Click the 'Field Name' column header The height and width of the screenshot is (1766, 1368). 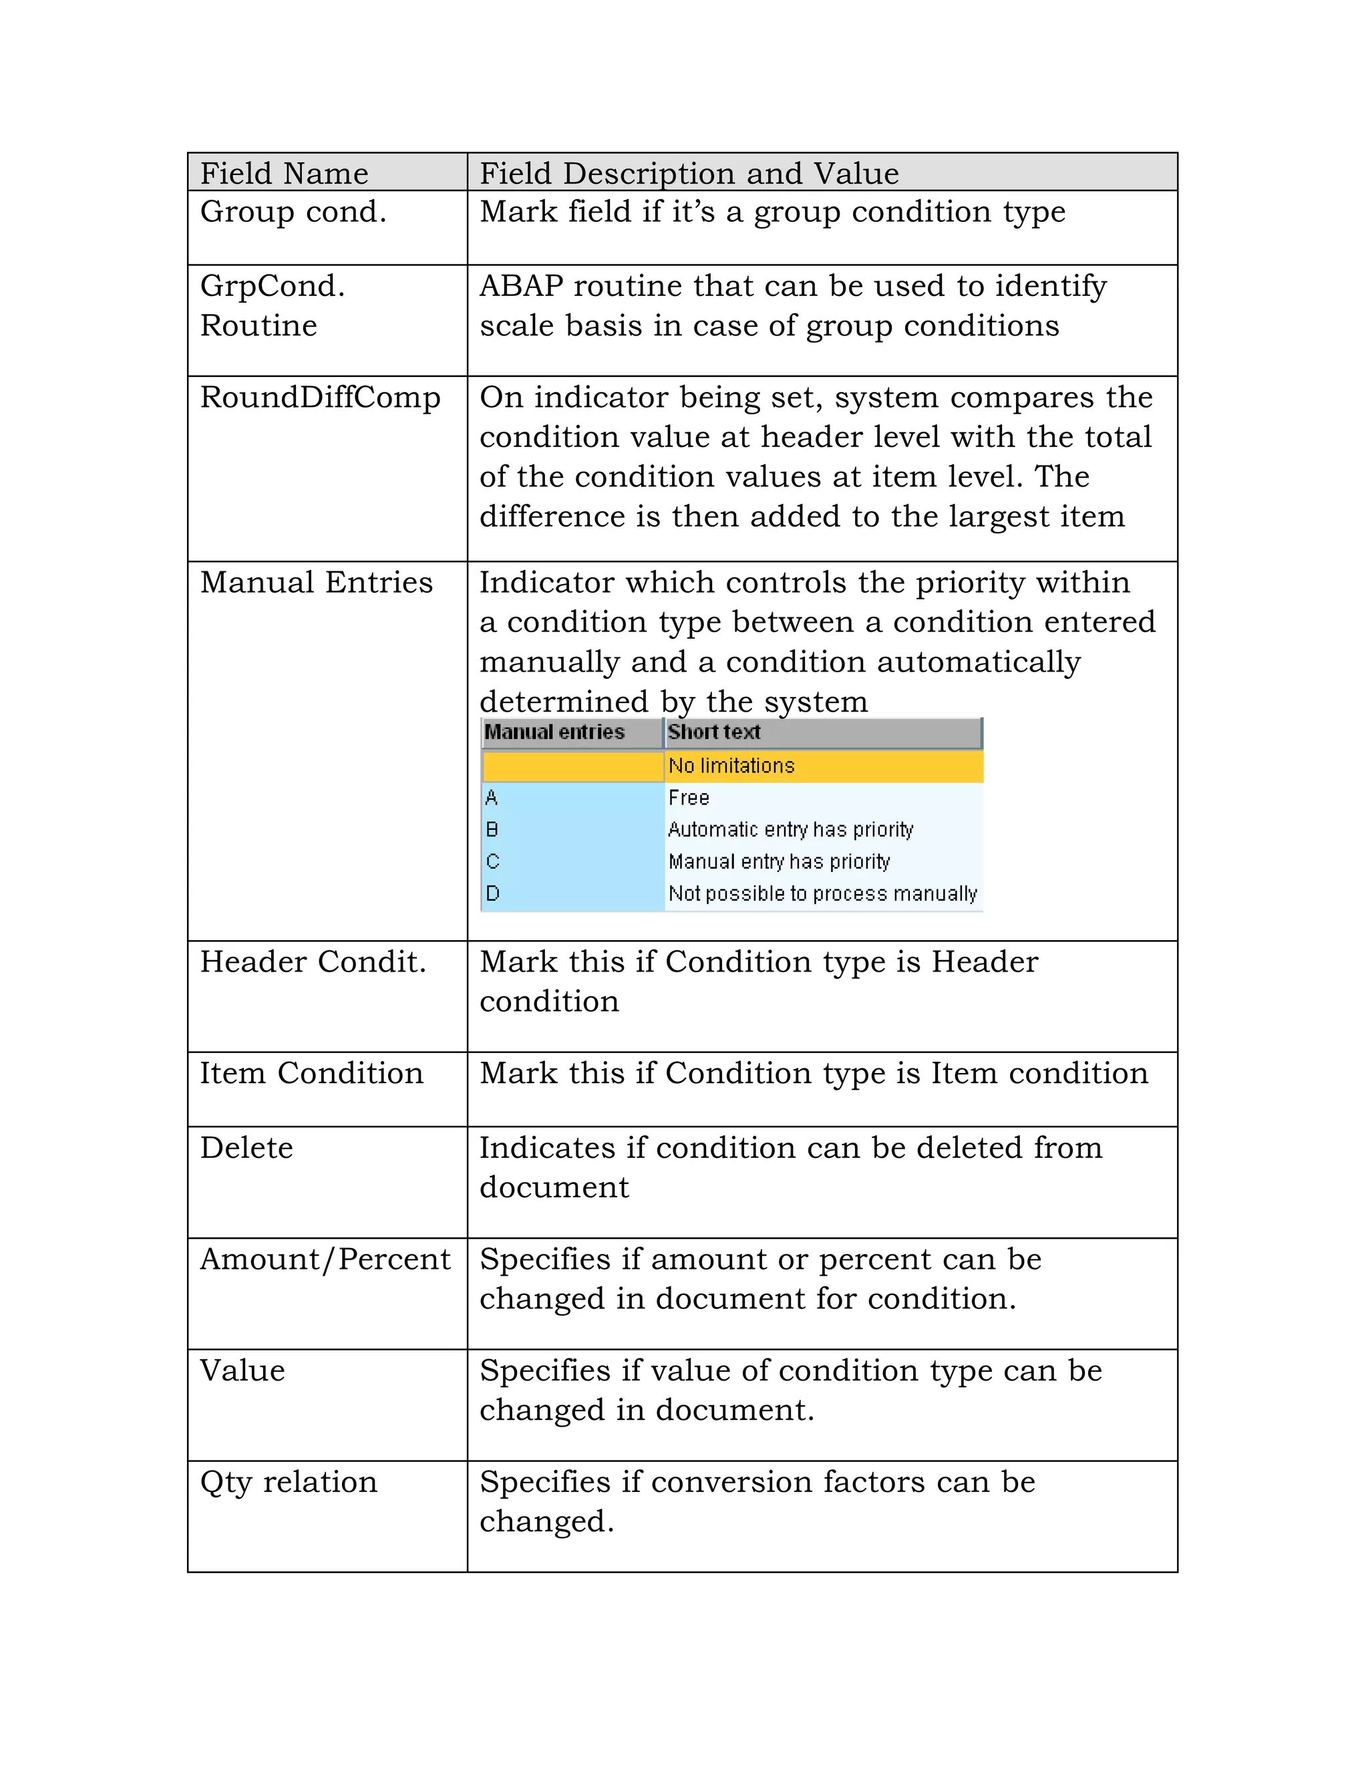(x=284, y=173)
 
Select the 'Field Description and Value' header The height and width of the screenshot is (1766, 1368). (x=689, y=173)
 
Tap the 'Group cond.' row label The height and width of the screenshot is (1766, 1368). (x=293, y=212)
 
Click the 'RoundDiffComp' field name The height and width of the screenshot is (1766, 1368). (x=320, y=397)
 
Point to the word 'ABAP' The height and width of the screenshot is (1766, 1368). (x=520, y=286)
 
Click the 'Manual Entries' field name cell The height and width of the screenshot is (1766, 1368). (x=316, y=582)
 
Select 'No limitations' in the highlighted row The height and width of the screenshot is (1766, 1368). (x=731, y=766)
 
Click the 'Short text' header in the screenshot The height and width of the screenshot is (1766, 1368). (x=713, y=732)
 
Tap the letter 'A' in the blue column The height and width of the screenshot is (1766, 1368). (x=491, y=798)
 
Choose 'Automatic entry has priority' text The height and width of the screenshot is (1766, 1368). (x=790, y=830)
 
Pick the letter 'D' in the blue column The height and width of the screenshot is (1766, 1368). (x=492, y=893)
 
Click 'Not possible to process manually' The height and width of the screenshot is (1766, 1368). (x=822, y=893)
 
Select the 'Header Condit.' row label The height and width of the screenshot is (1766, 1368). (x=313, y=962)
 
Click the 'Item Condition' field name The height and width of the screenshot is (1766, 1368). (x=311, y=1074)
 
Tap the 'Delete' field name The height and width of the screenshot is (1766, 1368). (x=246, y=1148)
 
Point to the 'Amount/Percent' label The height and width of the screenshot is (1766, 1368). (x=325, y=1259)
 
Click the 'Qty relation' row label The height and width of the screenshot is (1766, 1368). (x=289, y=1482)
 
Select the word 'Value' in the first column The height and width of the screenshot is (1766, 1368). (x=242, y=1370)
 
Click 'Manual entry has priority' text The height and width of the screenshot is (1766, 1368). (x=779, y=862)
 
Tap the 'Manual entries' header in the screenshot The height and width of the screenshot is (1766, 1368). (x=554, y=732)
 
